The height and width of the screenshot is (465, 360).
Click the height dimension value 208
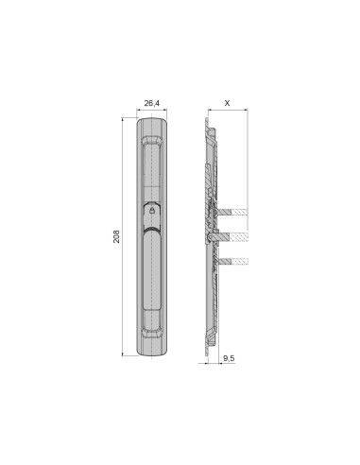pos(117,236)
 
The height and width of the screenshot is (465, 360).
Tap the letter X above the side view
pos(227,102)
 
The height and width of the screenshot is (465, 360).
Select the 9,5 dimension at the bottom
pos(230,359)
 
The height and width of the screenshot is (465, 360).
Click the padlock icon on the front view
pos(153,214)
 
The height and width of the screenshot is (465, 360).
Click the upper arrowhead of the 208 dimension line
pos(124,120)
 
